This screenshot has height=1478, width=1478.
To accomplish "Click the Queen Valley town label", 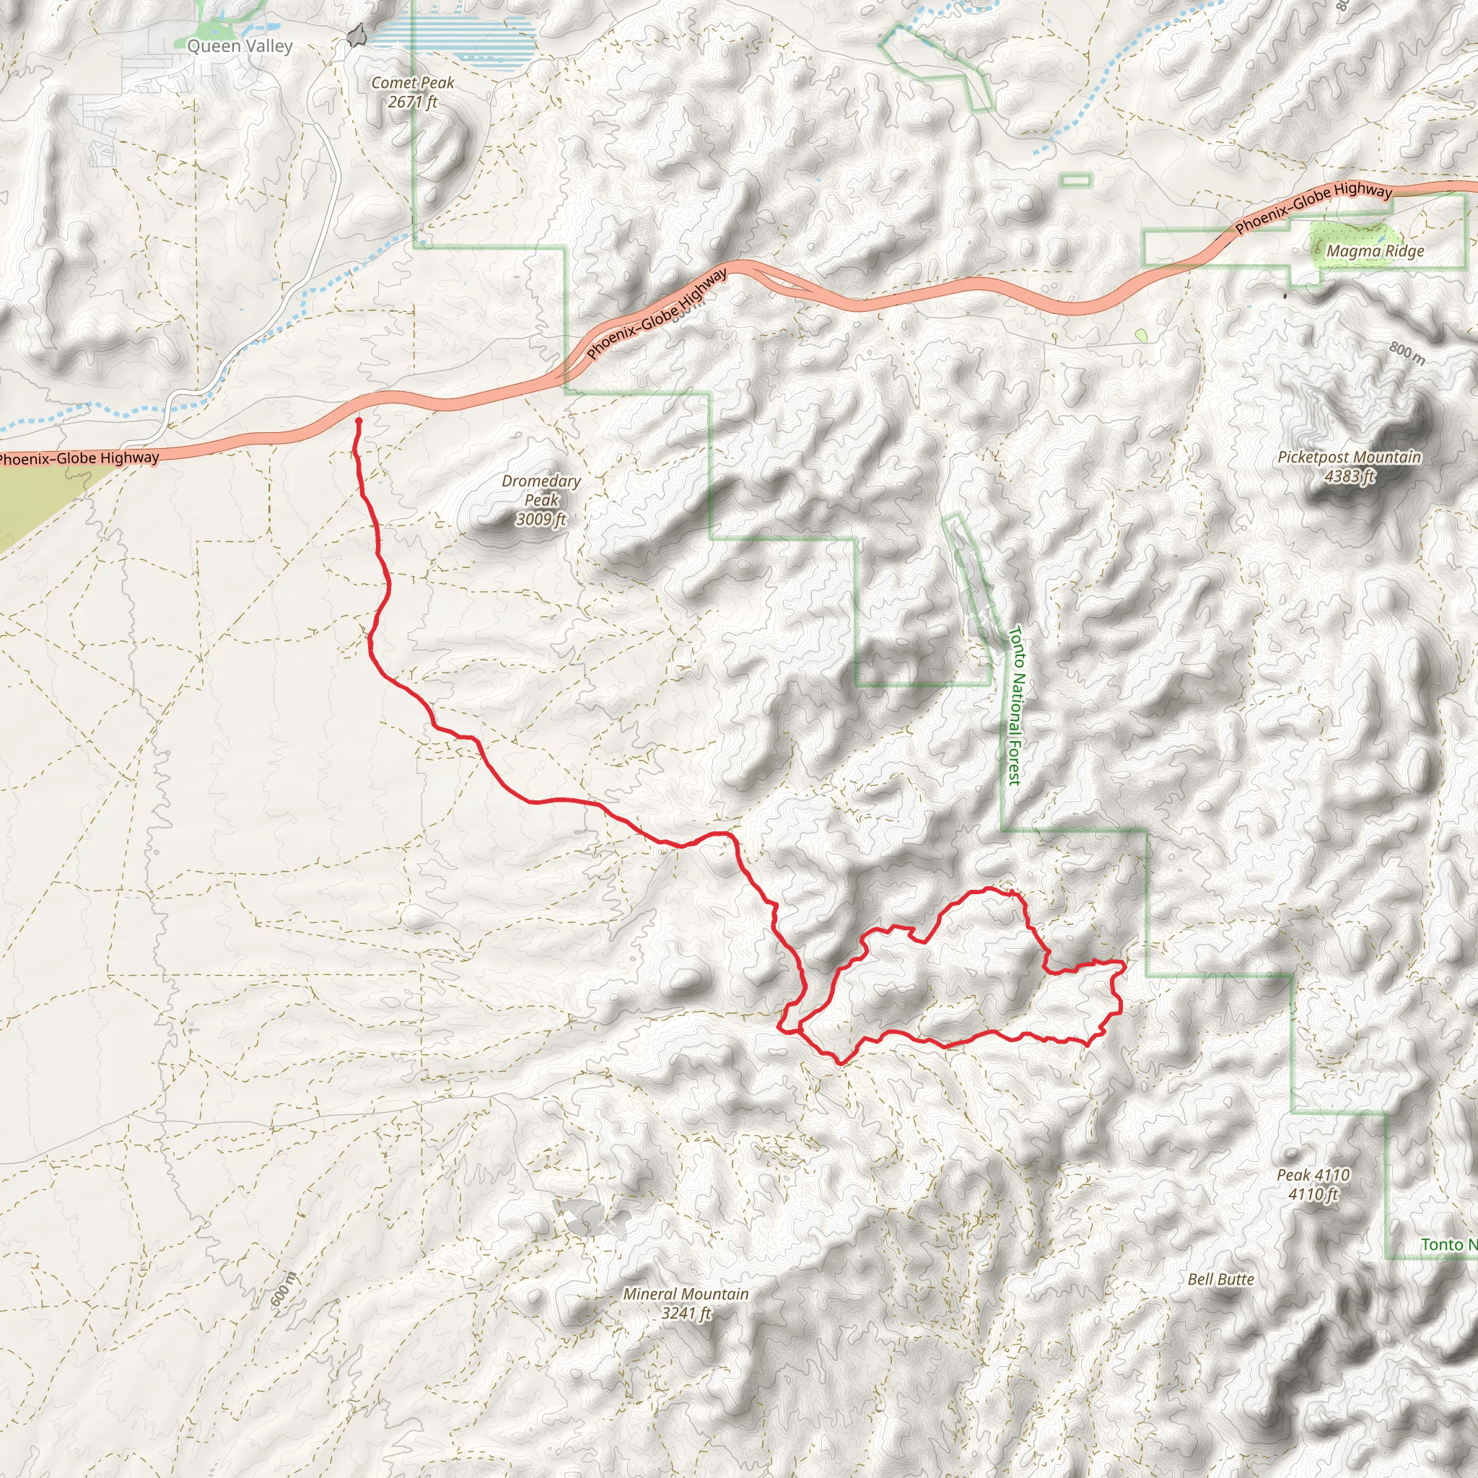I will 240,47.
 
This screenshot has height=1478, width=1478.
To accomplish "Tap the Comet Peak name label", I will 412,82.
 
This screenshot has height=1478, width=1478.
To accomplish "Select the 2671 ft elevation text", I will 412,102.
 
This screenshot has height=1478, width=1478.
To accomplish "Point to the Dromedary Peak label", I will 541,490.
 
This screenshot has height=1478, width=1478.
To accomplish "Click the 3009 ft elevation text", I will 541,520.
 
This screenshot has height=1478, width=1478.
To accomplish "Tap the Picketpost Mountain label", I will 1350,458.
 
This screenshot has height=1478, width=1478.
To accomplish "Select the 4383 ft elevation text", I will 1350,476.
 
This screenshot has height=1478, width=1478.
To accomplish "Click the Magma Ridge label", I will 1375,251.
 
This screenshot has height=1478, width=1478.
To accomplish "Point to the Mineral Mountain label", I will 686,1294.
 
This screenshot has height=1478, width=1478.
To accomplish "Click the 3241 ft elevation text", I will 686,1313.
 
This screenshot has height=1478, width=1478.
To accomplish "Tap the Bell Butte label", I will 1220,1278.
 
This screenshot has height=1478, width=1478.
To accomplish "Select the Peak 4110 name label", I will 1313,1174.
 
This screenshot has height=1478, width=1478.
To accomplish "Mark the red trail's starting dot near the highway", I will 358,421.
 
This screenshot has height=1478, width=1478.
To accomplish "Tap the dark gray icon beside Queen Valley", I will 356,35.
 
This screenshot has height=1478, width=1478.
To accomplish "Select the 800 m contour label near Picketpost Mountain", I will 1407,353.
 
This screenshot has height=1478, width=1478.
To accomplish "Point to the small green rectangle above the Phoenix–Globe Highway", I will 1075,180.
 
